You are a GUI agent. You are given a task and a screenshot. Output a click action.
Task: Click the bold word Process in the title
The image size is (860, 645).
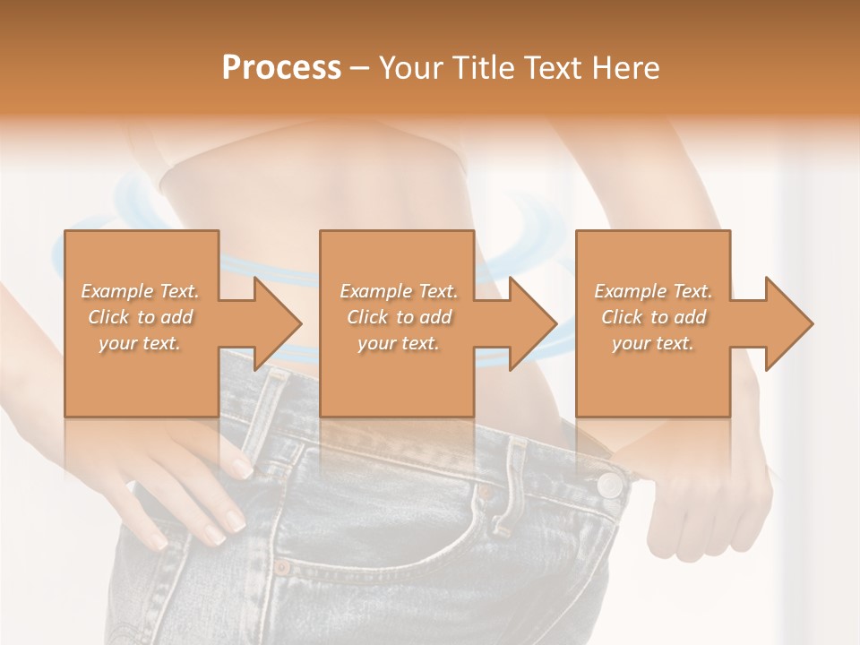[281, 68]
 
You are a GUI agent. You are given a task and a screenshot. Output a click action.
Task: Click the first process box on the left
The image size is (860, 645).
[141, 323]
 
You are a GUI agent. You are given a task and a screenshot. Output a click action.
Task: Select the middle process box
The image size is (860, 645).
[397, 323]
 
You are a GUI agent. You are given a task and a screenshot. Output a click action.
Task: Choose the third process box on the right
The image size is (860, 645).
[652, 323]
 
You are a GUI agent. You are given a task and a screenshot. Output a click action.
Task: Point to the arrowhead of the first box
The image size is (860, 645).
[279, 323]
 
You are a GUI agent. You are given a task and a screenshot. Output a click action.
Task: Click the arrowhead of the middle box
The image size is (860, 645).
[534, 323]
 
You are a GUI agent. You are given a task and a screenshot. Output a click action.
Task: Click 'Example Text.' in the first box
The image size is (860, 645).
[140, 291]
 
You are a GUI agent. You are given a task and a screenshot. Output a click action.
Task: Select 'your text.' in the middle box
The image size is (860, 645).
[398, 344]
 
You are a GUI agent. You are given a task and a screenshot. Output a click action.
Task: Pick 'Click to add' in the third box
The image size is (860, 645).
[653, 317]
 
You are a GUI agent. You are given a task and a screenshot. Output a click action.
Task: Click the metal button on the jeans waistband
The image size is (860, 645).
[610, 485]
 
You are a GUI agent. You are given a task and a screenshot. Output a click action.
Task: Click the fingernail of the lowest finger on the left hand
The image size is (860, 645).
[158, 541]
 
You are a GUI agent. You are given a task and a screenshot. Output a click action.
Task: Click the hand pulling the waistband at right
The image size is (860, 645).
[708, 502]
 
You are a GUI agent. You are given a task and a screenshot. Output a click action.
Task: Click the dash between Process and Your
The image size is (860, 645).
[360, 68]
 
